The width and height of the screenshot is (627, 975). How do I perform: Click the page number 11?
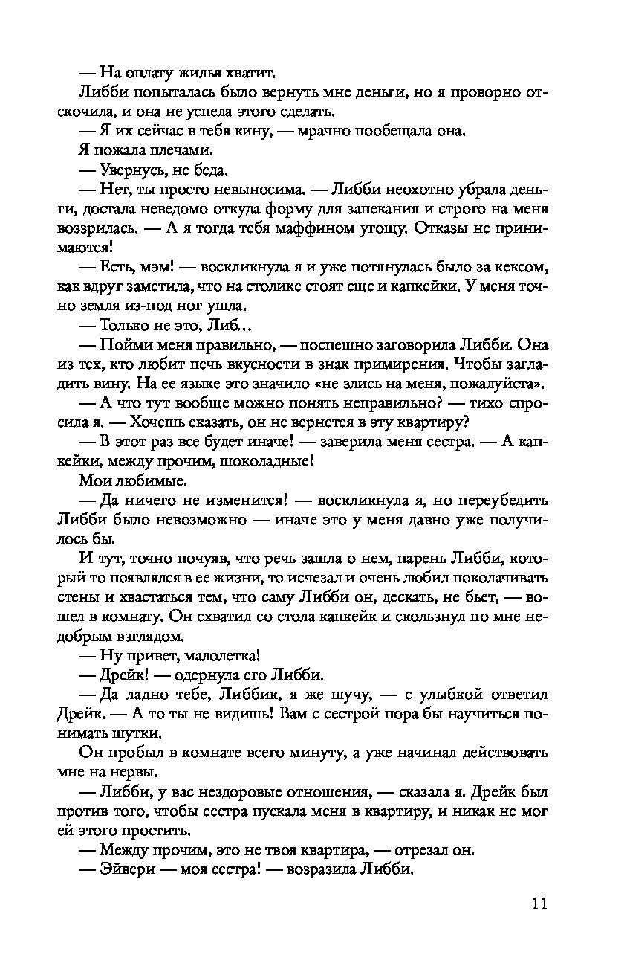[x=539, y=904]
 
